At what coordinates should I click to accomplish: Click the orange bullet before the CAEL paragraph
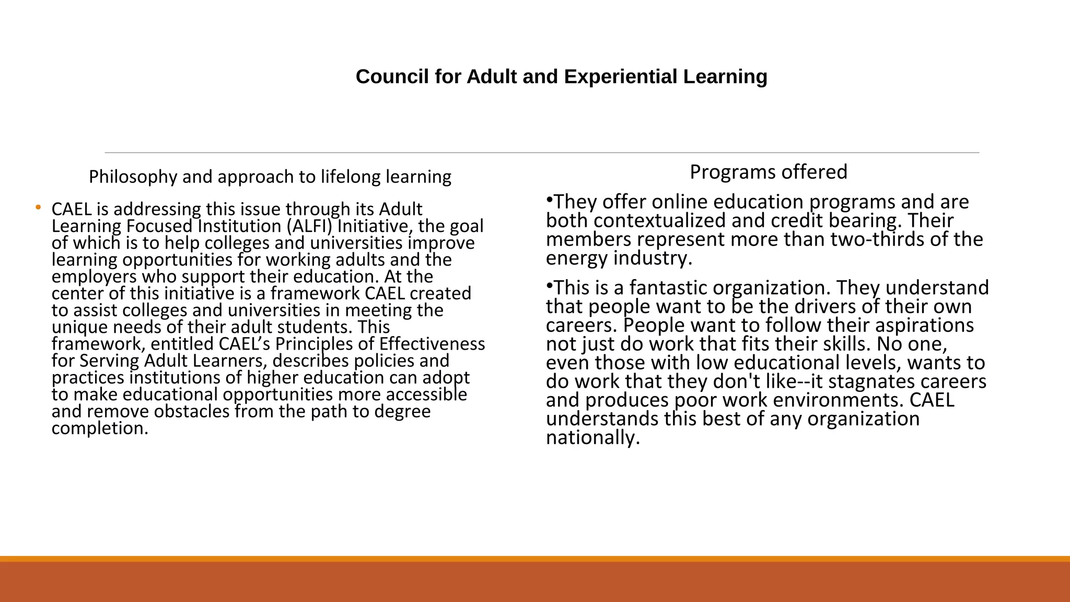[38, 208]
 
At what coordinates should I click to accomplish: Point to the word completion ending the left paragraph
[99, 429]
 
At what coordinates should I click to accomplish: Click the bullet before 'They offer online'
[549, 200]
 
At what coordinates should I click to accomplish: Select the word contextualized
[660, 221]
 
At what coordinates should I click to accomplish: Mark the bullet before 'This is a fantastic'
[549, 286]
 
